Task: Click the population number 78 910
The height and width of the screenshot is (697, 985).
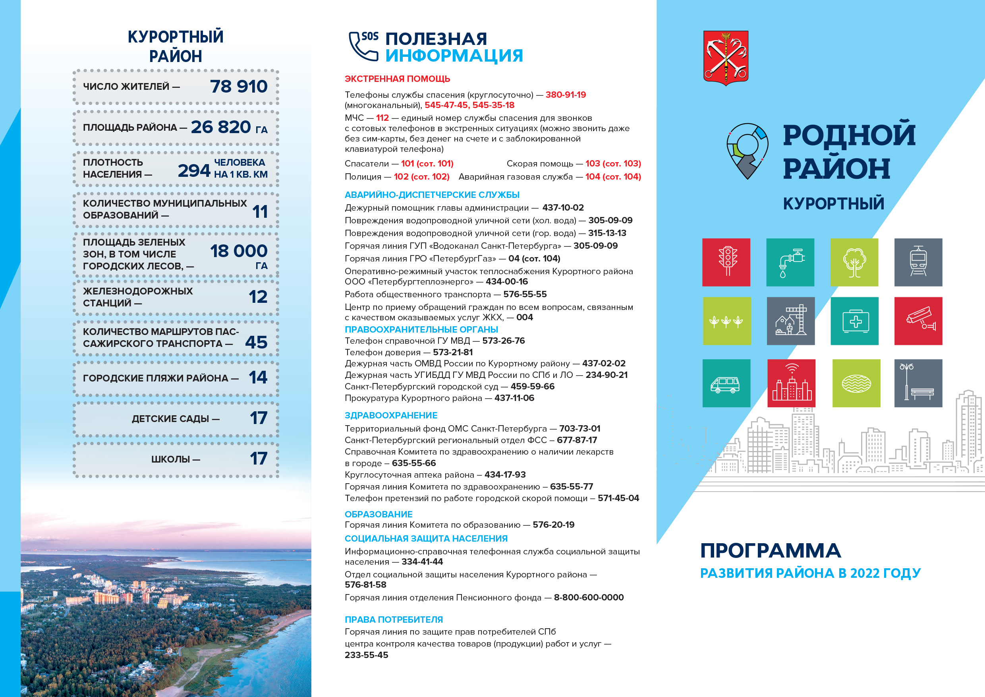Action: tap(239, 87)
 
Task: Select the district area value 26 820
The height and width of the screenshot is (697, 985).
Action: tap(220, 127)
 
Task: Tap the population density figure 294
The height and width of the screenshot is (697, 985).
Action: tap(194, 171)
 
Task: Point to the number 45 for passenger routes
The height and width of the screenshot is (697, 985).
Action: tap(256, 343)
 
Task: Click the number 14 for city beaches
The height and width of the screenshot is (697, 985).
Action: tap(258, 378)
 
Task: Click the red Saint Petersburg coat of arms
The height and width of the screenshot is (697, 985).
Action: tap(726, 57)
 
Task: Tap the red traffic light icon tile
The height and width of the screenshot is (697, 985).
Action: tap(726, 262)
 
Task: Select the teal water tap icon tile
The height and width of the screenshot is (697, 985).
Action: tap(790, 262)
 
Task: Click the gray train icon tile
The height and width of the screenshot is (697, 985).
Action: tap(918, 262)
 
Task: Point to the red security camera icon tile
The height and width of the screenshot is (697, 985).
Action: tap(918, 321)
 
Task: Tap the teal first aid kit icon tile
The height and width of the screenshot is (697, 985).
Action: tap(854, 321)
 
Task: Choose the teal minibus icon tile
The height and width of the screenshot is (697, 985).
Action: tap(726, 383)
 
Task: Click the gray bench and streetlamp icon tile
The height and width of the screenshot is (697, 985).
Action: tap(918, 383)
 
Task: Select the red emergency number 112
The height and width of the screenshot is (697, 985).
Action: tap(382, 118)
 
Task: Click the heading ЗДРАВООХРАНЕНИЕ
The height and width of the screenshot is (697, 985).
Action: tap(391, 415)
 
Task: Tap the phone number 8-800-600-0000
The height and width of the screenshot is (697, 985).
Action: tap(589, 597)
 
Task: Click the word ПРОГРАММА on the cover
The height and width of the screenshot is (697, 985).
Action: tap(770, 551)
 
